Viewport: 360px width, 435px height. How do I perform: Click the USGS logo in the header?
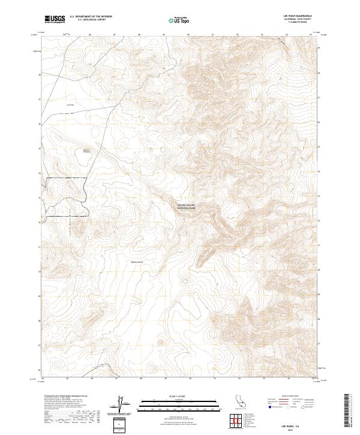(x=55, y=20)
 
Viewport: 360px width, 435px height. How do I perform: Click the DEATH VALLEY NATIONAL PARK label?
(x=187, y=206)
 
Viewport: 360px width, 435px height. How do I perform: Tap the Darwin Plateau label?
(x=86, y=151)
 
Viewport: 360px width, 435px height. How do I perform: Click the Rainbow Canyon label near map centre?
(x=140, y=262)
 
